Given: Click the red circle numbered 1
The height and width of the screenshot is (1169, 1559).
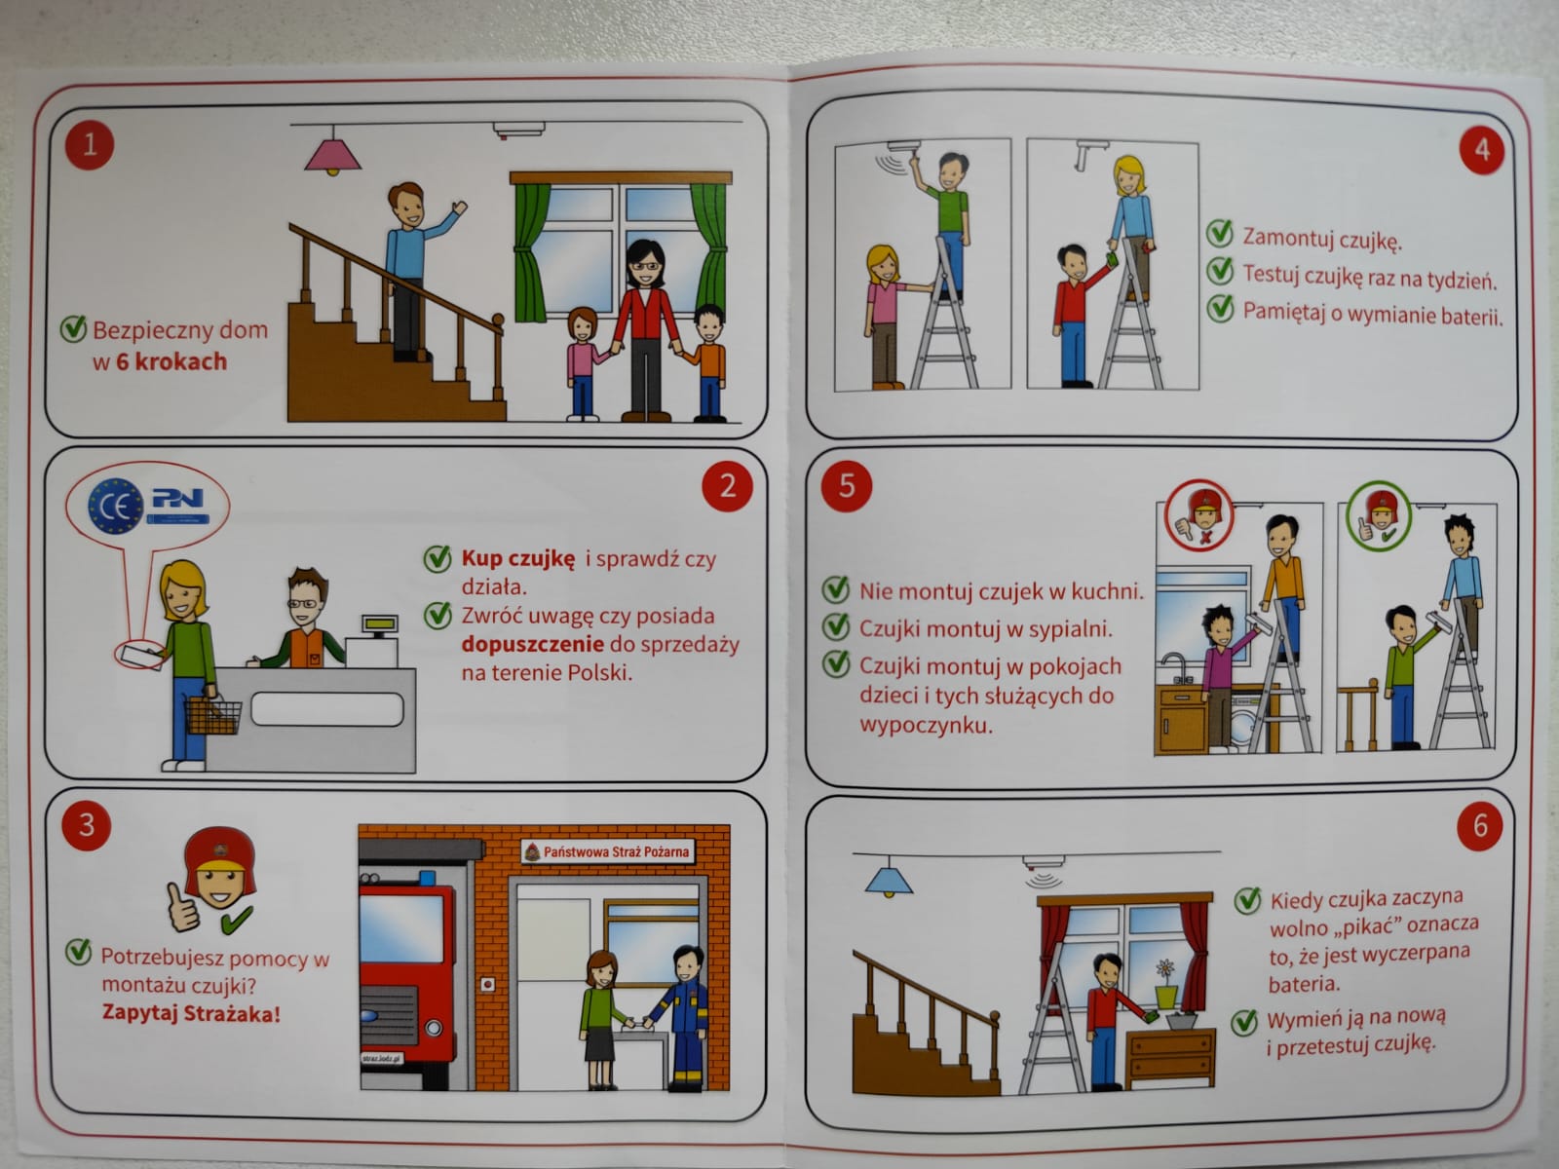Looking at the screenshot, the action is [90, 145].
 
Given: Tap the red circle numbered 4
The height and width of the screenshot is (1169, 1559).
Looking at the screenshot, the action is [1482, 150].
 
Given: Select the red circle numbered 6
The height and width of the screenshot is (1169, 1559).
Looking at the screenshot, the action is [1480, 825].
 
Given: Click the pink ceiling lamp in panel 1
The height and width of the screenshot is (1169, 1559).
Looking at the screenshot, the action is [332, 155].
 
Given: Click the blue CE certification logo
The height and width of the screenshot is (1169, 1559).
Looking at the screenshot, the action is [115, 506].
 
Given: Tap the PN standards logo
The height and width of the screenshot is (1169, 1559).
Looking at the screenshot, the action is [178, 505].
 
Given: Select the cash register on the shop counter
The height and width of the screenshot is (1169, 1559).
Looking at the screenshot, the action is [373, 642].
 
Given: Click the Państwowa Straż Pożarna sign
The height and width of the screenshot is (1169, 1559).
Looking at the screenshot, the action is [607, 851].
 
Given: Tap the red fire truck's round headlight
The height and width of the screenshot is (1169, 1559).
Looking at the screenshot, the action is [434, 1027].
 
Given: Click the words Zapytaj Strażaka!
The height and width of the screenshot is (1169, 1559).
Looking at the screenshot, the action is [191, 1013].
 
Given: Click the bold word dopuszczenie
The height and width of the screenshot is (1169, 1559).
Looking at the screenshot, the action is [533, 644].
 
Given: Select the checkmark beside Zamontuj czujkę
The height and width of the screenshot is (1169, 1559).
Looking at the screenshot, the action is [1220, 233].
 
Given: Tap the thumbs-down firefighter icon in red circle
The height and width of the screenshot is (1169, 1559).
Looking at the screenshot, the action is [1199, 514].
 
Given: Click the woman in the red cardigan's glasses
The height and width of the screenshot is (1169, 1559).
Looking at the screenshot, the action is [645, 266].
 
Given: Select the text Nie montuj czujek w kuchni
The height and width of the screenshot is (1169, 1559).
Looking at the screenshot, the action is [1002, 591].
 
